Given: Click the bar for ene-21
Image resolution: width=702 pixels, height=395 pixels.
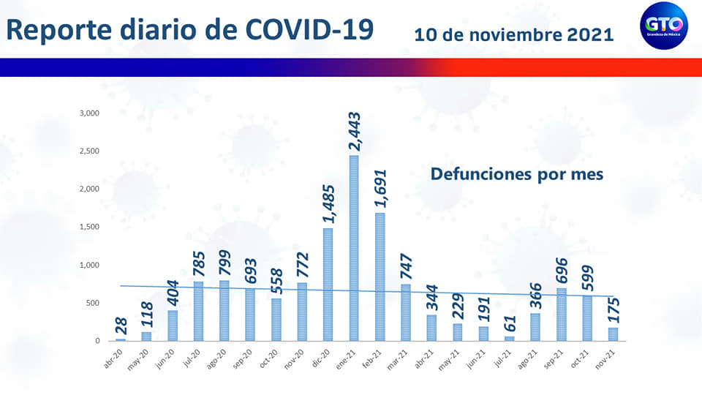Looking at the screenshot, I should click(x=354, y=249).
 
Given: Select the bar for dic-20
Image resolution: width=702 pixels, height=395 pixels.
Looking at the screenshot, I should click(x=328, y=285).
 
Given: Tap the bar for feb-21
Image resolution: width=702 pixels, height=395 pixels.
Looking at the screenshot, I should click(x=380, y=277).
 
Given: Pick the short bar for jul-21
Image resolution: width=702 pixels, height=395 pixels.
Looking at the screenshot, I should click(x=510, y=339).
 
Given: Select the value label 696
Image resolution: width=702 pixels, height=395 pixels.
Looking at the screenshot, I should click(x=562, y=266).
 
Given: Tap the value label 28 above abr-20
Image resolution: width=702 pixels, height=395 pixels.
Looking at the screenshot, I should click(x=121, y=325).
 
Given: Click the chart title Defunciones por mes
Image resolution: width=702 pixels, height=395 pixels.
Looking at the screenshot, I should click(x=516, y=175).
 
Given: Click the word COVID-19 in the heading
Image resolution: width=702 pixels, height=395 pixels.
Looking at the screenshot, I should click(x=310, y=29).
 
